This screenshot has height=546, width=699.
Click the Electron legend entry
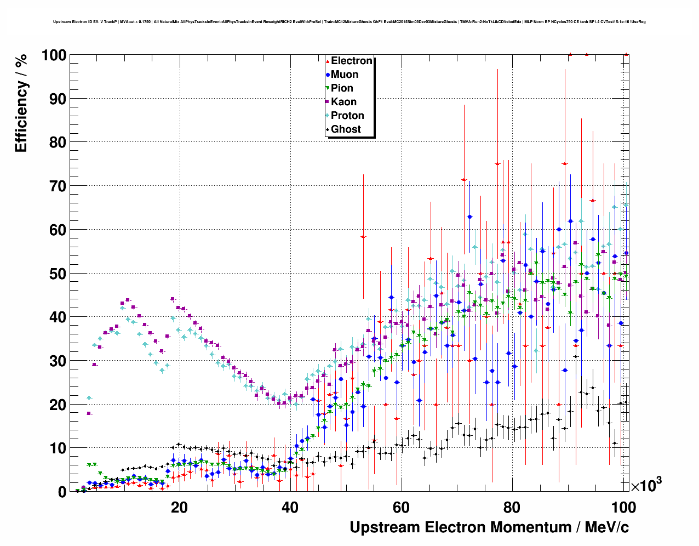[x=351, y=61]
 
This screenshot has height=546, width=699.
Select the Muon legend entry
[x=344, y=75]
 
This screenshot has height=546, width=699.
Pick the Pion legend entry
[x=342, y=88]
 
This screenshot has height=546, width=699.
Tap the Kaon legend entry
[x=343, y=102]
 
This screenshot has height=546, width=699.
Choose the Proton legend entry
[x=347, y=116]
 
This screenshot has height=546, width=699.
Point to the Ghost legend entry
[x=346, y=129]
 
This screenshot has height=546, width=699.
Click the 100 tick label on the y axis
[x=54, y=55]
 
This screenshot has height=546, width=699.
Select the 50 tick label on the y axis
[x=58, y=274]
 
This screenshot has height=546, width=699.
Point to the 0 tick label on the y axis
[x=62, y=492]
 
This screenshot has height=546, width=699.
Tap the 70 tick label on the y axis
[x=58, y=186]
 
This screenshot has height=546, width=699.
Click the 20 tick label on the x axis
[x=179, y=507]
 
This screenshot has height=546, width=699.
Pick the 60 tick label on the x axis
[x=401, y=507]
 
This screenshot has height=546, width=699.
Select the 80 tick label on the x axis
[x=512, y=507]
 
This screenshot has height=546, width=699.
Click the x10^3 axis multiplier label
[x=646, y=485]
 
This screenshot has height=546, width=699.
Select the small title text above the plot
[x=349, y=22]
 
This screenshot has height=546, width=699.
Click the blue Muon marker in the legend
[x=328, y=75]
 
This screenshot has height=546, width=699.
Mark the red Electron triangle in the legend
[x=328, y=61]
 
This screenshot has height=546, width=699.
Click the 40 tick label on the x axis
[x=290, y=507]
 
